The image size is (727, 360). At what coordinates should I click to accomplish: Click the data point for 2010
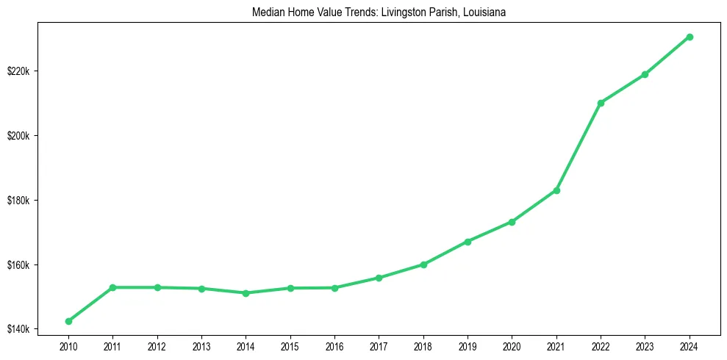tap(68, 321)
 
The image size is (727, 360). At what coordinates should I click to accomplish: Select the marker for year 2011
tap(112, 287)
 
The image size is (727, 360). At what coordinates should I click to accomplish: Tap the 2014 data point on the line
tap(246, 293)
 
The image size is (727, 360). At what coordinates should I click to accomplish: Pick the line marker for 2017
tap(379, 278)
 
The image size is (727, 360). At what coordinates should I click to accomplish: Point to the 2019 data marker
tap(468, 242)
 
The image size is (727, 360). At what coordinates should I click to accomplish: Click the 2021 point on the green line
tap(556, 190)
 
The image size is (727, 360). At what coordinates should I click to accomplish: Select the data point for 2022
tap(601, 103)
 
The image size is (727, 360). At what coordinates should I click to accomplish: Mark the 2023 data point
tap(645, 74)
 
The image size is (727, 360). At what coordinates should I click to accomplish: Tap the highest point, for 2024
tap(690, 37)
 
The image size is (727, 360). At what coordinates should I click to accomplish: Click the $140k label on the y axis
tap(17, 329)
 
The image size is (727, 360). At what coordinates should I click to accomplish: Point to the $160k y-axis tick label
tap(17, 264)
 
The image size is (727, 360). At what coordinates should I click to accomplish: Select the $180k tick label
tap(17, 201)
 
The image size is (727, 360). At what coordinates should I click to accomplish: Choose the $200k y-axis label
tap(17, 136)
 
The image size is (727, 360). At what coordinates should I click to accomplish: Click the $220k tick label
tap(17, 71)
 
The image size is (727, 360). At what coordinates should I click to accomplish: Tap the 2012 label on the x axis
tap(157, 345)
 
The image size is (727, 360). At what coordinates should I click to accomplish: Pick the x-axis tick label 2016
tap(334, 345)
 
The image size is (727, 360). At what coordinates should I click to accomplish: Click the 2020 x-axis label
tap(512, 345)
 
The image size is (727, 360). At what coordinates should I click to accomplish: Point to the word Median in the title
tap(266, 12)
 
